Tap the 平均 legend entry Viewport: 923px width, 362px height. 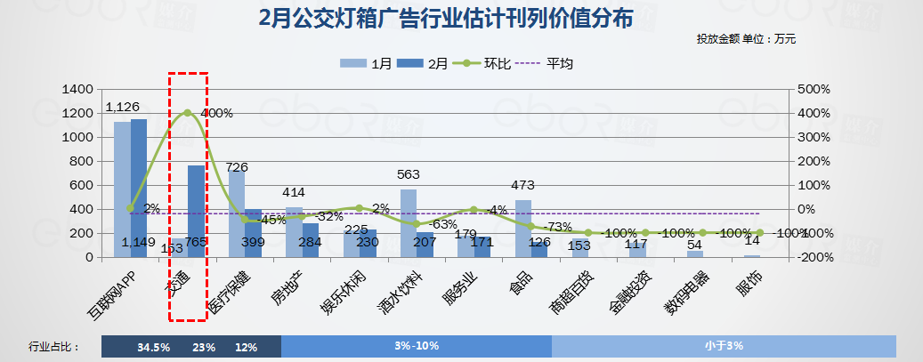(548, 63)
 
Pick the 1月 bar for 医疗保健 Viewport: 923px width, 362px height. (236, 213)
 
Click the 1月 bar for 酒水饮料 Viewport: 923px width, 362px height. (409, 222)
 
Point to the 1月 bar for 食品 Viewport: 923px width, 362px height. (523, 229)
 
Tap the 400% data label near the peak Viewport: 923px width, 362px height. (216, 114)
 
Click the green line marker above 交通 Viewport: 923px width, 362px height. (187, 113)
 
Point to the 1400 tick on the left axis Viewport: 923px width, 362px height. (79, 90)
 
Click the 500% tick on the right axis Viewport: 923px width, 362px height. (814, 90)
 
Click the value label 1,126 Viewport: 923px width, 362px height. (123, 107)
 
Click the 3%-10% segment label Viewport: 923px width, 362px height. (417, 345)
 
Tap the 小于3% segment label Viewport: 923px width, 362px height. (723, 345)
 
